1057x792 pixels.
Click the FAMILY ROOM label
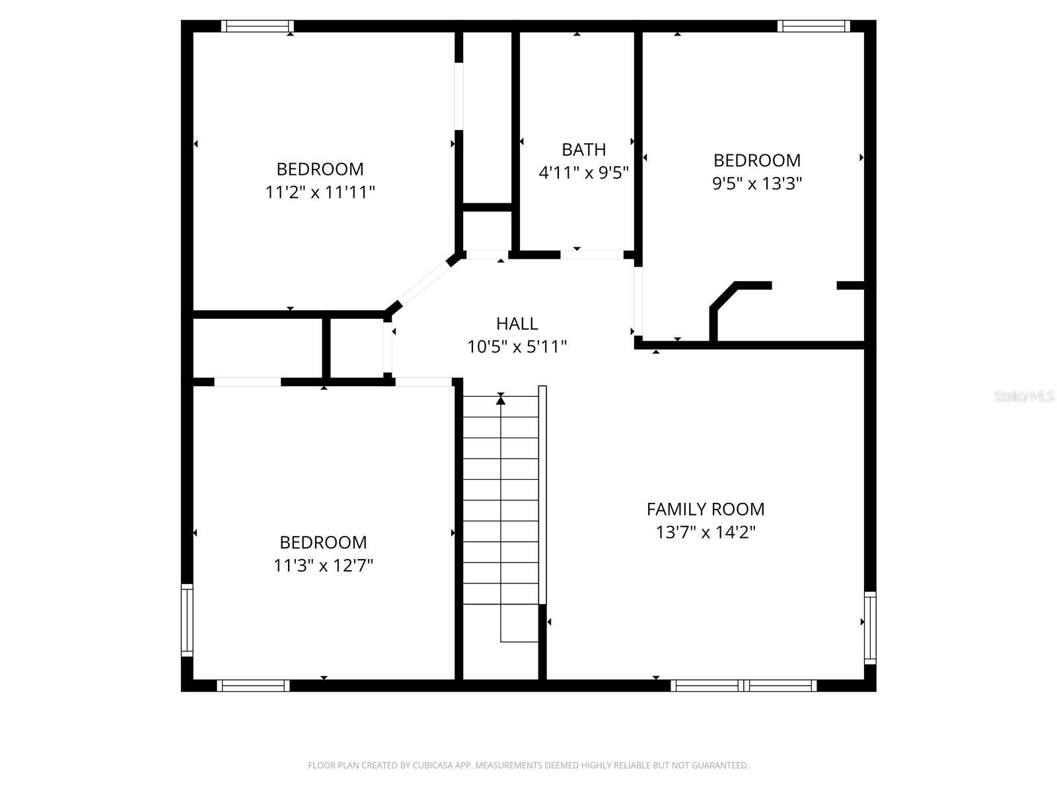click(x=705, y=509)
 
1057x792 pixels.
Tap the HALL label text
click(x=517, y=323)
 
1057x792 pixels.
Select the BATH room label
click(x=583, y=149)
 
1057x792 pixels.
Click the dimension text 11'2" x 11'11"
click(x=320, y=192)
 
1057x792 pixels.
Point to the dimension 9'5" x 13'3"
click(x=756, y=183)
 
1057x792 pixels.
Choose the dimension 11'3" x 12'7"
click(x=323, y=566)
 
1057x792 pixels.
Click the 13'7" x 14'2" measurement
click(x=705, y=532)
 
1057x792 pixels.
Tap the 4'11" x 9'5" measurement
click(x=583, y=173)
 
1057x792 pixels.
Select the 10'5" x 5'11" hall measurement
click(x=517, y=346)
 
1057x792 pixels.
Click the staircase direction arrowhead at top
click(x=501, y=399)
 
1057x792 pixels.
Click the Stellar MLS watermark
click(x=1023, y=396)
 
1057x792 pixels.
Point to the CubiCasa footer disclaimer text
click(x=528, y=766)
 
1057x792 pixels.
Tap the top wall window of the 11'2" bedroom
click(x=257, y=26)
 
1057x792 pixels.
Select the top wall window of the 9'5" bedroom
click(x=813, y=26)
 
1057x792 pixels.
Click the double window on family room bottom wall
click(x=743, y=686)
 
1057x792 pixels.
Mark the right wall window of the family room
click(x=870, y=628)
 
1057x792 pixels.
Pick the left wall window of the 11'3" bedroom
click(x=187, y=620)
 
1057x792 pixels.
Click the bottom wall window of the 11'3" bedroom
click(x=253, y=686)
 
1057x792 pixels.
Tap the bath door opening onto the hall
click(x=592, y=254)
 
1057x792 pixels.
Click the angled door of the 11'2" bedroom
click(x=423, y=284)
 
